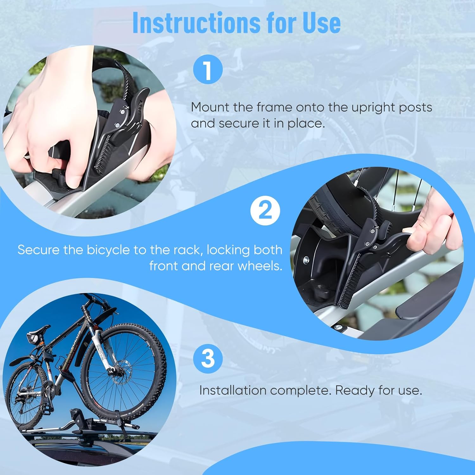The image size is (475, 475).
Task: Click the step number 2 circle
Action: [265, 211]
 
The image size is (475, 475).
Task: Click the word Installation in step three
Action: [233, 390]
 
